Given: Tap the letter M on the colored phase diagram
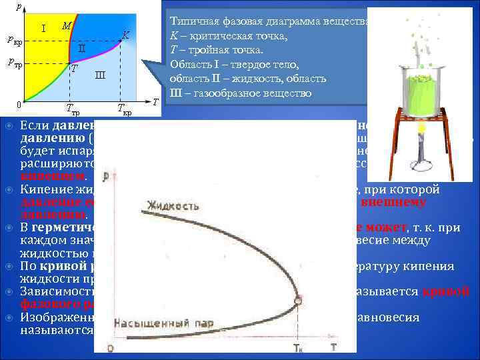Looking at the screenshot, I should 66,26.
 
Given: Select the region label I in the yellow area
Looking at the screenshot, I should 43,29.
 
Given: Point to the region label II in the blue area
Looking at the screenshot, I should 81,48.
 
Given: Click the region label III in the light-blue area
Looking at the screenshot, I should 99,74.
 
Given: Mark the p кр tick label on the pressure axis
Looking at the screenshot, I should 13,40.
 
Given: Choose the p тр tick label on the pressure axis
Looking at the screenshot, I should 13,63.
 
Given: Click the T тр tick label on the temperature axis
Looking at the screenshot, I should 73,109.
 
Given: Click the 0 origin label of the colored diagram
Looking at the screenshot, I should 20,105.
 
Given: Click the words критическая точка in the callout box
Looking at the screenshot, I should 236,36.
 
